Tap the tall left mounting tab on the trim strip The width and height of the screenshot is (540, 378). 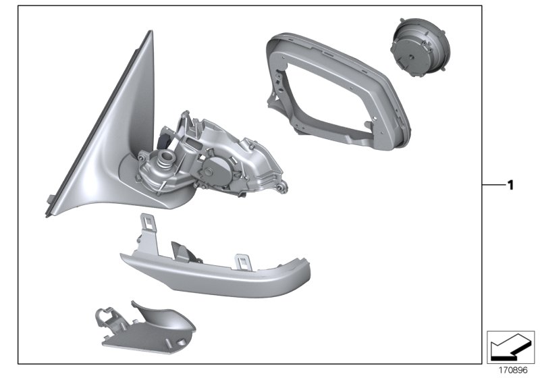coord(145,227)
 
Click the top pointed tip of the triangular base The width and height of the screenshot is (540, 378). coord(150,34)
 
